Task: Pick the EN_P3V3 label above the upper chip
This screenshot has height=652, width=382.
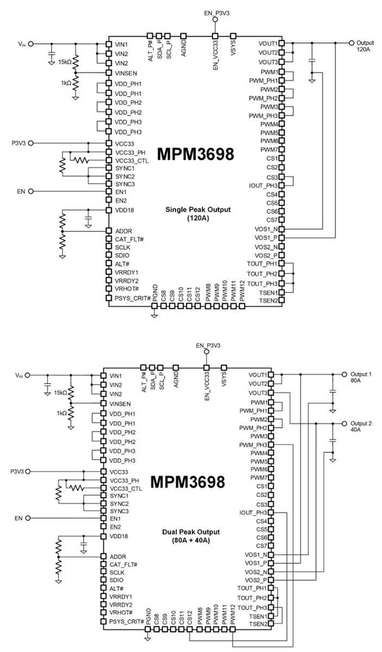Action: (x=215, y=12)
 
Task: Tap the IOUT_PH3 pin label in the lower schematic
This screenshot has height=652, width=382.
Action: (x=253, y=512)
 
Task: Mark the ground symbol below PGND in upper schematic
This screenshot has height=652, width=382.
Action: (x=154, y=314)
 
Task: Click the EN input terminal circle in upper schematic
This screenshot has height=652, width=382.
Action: (x=31, y=191)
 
